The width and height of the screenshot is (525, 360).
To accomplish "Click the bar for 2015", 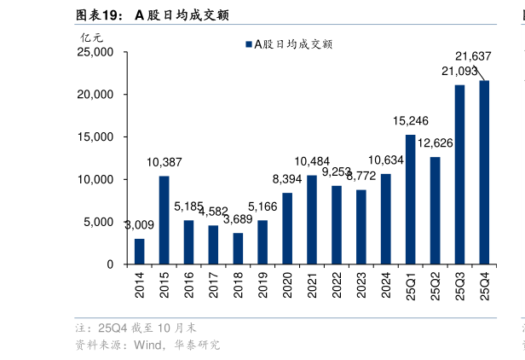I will (x=164, y=220).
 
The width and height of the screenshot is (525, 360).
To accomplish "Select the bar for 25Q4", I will (x=484, y=172).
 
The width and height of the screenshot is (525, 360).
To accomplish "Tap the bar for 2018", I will (x=238, y=248).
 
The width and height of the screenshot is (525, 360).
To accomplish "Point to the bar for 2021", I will (x=312, y=219).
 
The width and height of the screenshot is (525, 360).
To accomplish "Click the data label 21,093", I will (x=459, y=72).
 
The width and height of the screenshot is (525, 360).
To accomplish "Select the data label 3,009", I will (x=139, y=226).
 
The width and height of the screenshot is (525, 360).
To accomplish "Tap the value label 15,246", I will (x=410, y=121).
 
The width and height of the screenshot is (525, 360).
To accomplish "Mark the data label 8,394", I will (x=287, y=179).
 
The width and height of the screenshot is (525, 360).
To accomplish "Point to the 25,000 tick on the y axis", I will (x=95, y=52).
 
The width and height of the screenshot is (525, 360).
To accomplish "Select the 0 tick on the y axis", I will (x=110, y=264).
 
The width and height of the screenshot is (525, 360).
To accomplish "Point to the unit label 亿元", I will (x=91, y=37).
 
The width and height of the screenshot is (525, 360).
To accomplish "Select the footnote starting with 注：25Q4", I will (x=136, y=328).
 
